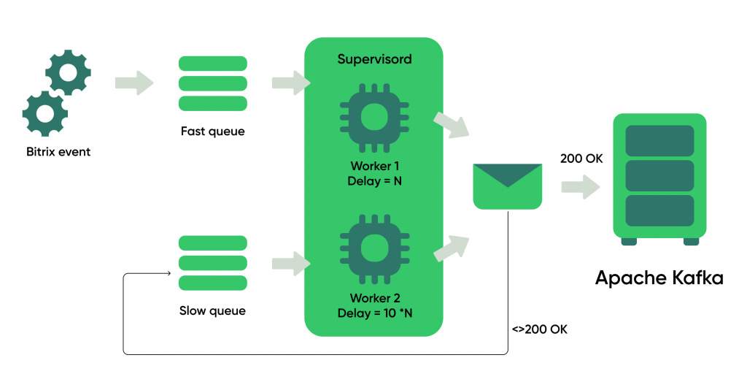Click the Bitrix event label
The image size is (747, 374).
pyautogui.click(x=58, y=152)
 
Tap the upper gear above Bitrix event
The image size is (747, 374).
pyautogui.click(x=68, y=72)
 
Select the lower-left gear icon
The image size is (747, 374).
pyautogui.click(x=45, y=113)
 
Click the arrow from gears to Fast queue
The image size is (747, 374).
pyautogui.click(x=134, y=83)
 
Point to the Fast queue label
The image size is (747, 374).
pyautogui.click(x=212, y=131)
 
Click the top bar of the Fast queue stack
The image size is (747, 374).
pyautogui.click(x=212, y=64)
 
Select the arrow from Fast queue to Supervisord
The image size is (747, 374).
pyautogui.click(x=291, y=83)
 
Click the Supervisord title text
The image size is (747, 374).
pyautogui.click(x=374, y=60)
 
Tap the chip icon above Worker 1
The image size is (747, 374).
pyautogui.click(x=374, y=116)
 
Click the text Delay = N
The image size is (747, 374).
pyautogui.click(x=374, y=182)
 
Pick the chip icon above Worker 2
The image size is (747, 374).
pyautogui.click(x=374, y=248)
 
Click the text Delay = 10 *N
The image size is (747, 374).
pyautogui.click(x=374, y=313)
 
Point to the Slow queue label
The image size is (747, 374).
pyautogui.click(x=212, y=311)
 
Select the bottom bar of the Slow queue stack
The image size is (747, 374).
pyautogui.click(x=212, y=283)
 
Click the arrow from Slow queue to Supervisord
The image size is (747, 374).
pyautogui.click(x=291, y=264)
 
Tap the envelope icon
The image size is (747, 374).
pyautogui.click(x=508, y=186)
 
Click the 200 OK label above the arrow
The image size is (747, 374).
pyautogui.click(x=581, y=159)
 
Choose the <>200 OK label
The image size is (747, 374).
pyautogui.click(x=540, y=329)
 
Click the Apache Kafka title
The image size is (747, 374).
pyautogui.click(x=659, y=278)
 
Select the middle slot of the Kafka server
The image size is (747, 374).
pyautogui.click(x=659, y=175)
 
